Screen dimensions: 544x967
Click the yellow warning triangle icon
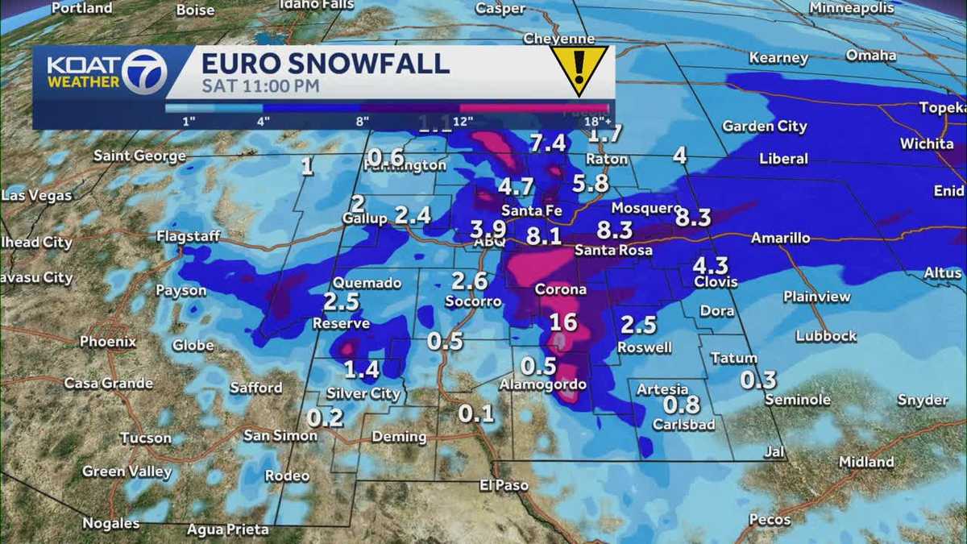tap(579, 69)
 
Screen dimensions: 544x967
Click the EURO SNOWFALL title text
tap(325, 63)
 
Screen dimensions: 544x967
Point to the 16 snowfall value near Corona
tap(563, 322)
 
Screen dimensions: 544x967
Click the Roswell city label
tap(644, 347)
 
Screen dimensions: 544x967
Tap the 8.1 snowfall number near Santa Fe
tap(544, 236)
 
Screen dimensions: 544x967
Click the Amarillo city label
tap(780, 238)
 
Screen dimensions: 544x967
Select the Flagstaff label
tap(188, 236)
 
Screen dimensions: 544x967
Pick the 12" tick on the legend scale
tap(463, 121)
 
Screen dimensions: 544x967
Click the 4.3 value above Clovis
tap(710, 265)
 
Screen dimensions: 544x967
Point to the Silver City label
tap(363, 393)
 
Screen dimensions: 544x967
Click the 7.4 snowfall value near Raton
tap(547, 143)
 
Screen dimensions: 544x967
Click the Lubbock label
tap(825, 335)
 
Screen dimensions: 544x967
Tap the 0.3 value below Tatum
tap(757, 380)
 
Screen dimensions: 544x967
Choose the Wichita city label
tap(927, 143)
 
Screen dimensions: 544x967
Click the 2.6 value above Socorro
tap(469, 281)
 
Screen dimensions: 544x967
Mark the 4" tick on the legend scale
tap(263, 121)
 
